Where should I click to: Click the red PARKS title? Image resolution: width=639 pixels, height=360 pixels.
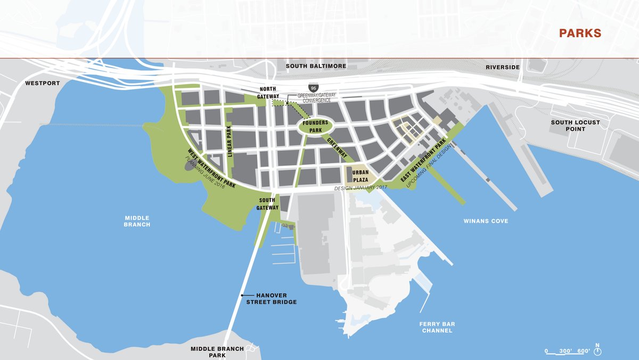pos(580,33)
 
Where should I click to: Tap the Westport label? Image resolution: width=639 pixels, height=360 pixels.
pos(43,84)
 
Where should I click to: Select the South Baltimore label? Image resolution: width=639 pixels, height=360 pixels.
pos(316,66)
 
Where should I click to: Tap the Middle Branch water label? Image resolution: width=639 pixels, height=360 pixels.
pos(137,221)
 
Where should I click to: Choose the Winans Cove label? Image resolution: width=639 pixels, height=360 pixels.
pos(485,221)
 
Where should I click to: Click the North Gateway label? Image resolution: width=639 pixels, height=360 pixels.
pos(269,92)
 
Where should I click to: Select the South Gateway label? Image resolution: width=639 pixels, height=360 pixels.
pos(267,203)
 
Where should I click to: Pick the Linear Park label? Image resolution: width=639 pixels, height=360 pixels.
pos(231,141)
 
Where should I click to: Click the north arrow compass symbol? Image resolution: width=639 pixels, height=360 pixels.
pos(597,350)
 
